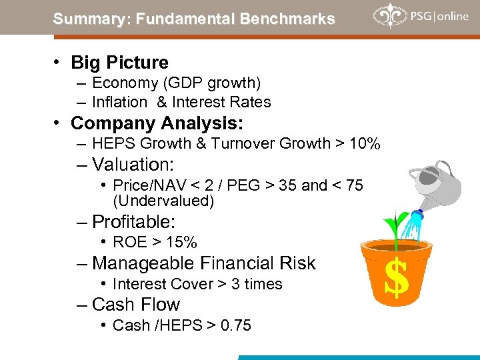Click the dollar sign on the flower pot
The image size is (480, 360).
(x=397, y=278)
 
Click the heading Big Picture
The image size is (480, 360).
(x=119, y=63)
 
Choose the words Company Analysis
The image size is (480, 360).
(x=157, y=123)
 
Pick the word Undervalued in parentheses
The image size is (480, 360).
(x=163, y=201)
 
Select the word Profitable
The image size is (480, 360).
(x=137, y=222)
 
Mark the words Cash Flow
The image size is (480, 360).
(x=136, y=305)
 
